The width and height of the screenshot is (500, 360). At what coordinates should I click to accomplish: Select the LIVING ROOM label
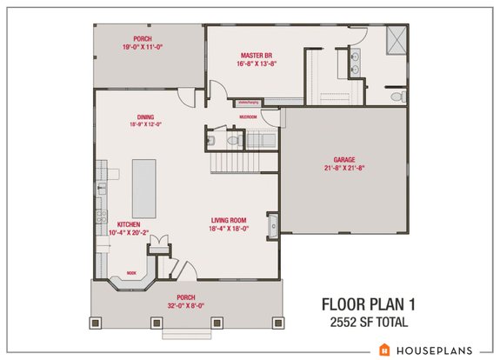229,220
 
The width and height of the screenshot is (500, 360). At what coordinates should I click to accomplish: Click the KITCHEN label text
129,223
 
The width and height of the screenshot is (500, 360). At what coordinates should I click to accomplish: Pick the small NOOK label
131,272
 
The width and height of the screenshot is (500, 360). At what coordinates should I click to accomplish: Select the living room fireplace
273,224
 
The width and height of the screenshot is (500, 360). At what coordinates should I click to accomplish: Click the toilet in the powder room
231,136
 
